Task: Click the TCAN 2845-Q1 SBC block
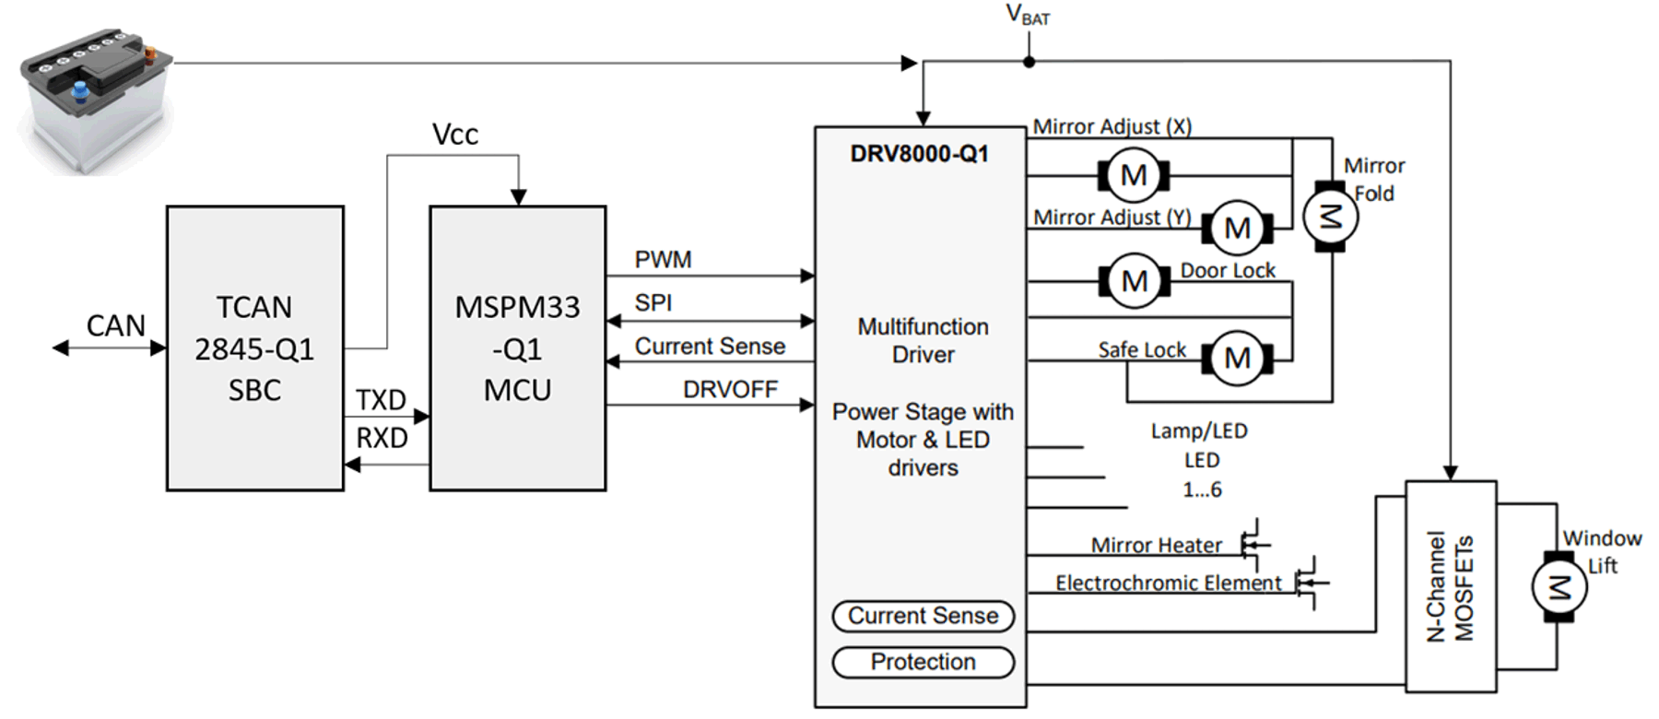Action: coord(254,348)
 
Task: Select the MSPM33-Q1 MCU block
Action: coord(517,348)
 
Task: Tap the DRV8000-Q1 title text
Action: coord(919,154)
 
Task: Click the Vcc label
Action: coord(455,135)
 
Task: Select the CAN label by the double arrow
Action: coord(116,325)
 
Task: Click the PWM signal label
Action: coord(663,260)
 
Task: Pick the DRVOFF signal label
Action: coord(730,390)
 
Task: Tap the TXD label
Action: coord(381,400)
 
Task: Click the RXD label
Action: coord(382,438)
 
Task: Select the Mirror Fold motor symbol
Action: coord(1330,218)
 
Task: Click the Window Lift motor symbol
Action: coord(1559,587)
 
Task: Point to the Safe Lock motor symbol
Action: coord(1237,359)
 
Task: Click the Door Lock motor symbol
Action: coord(1135,281)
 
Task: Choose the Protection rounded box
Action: coord(923,662)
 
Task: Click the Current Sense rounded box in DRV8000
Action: coord(923,616)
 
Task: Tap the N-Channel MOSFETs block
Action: coord(1450,586)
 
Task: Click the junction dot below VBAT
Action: coord(1029,62)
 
